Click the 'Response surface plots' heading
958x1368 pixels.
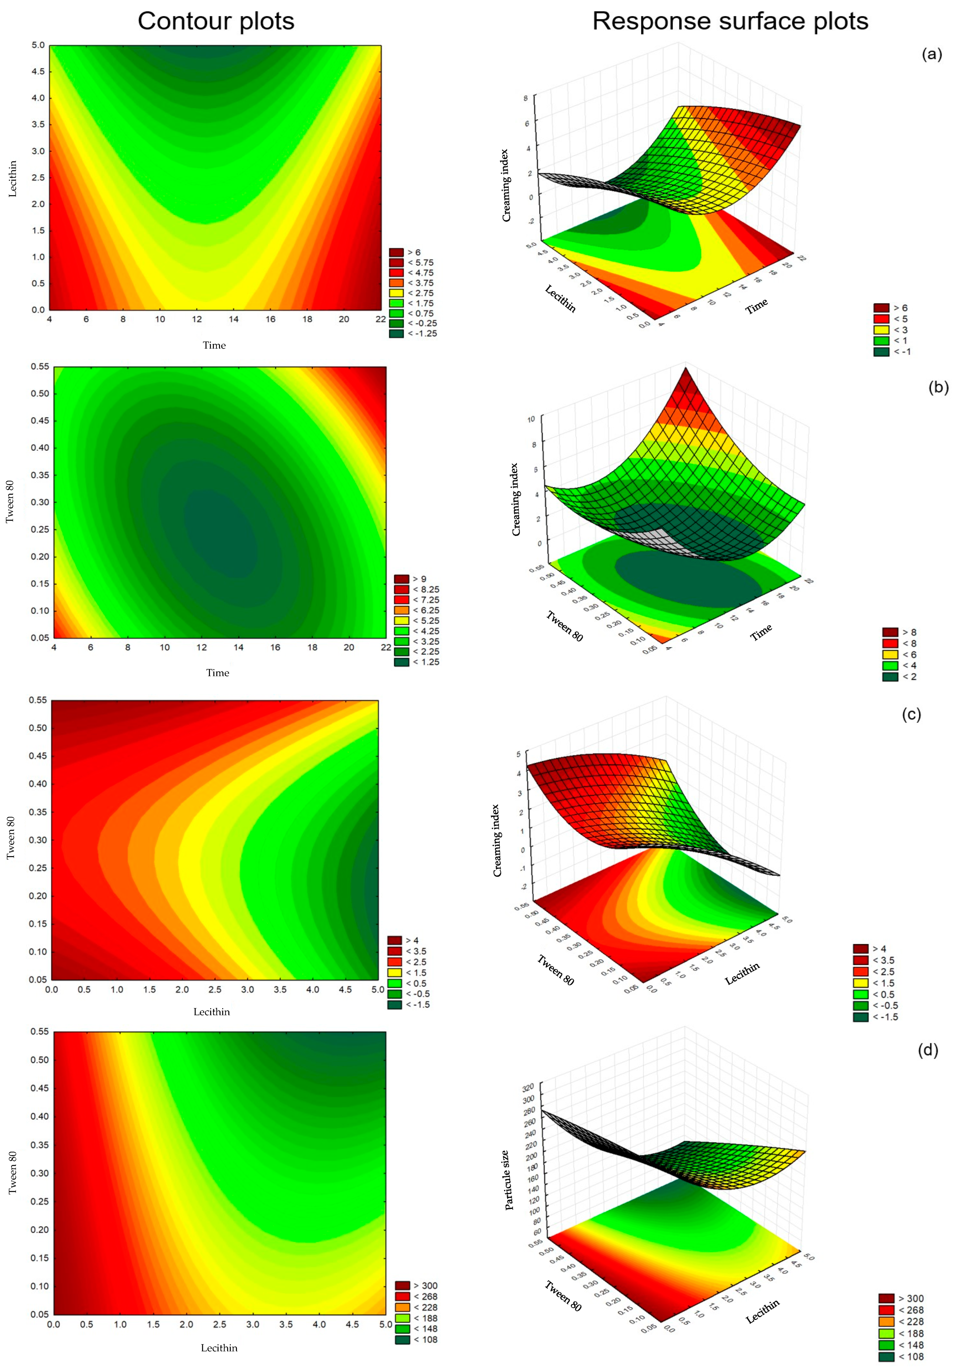tap(730, 21)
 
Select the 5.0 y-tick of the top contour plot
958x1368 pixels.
tap(38, 45)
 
